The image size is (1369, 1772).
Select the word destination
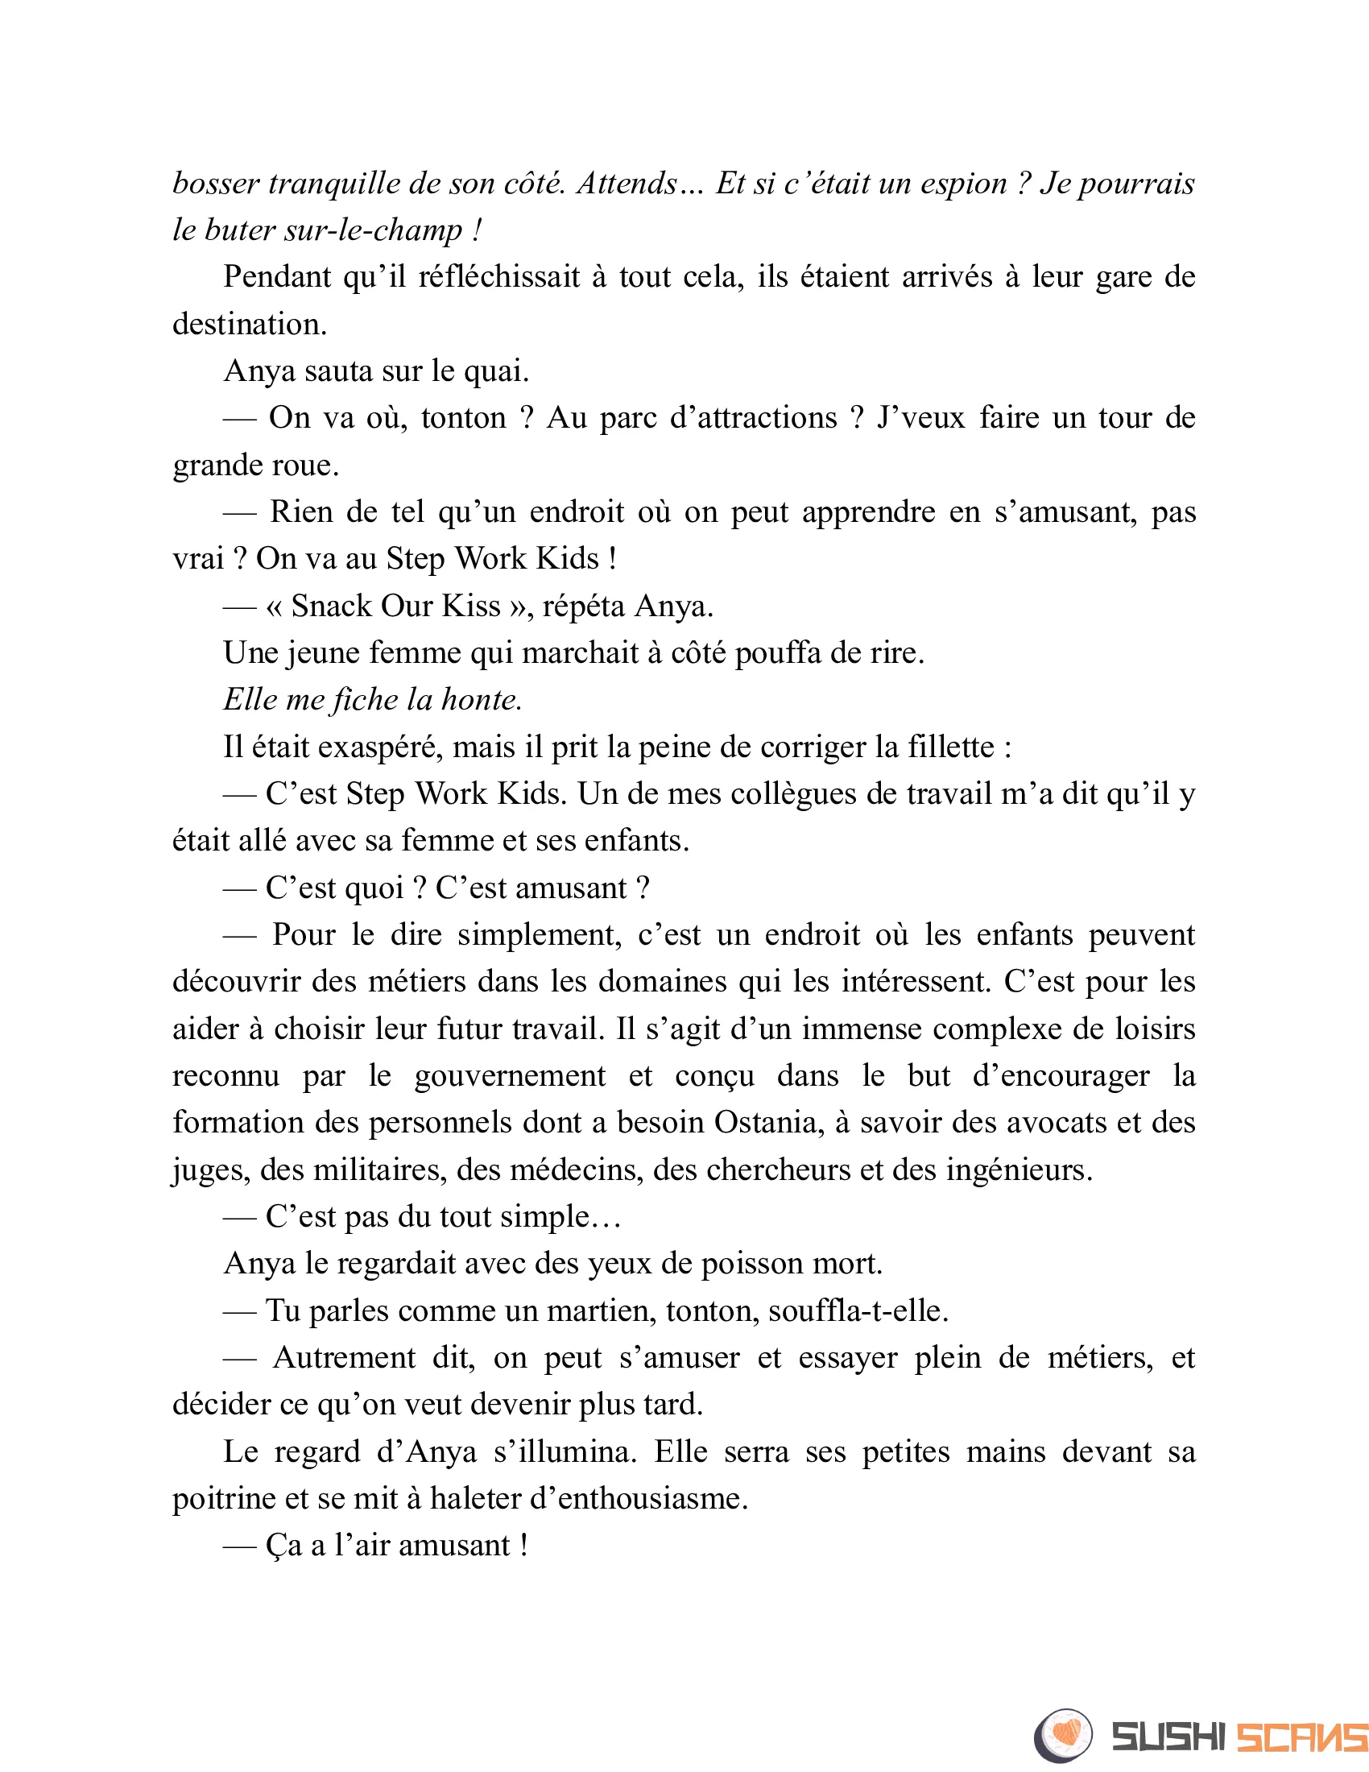point(249,325)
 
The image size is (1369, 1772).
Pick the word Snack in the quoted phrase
point(329,606)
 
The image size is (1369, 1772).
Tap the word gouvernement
point(509,1076)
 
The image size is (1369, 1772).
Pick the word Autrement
point(344,1358)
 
